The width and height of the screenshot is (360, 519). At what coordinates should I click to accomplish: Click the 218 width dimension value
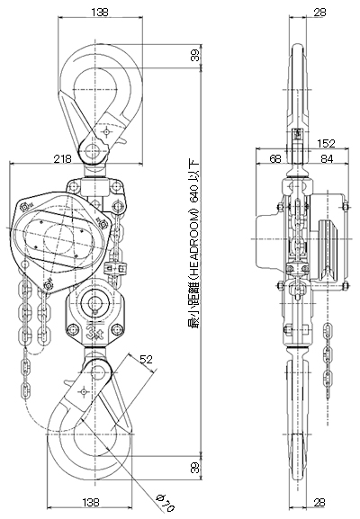click(63, 159)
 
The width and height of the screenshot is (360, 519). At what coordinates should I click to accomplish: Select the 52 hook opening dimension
click(146, 359)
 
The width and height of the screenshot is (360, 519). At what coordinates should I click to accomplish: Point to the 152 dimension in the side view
click(326, 143)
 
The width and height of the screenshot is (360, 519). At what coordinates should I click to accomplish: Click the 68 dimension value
click(275, 158)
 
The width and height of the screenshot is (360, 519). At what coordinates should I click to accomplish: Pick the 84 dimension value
click(327, 158)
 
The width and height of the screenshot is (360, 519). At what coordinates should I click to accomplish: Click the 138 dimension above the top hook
click(100, 13)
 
